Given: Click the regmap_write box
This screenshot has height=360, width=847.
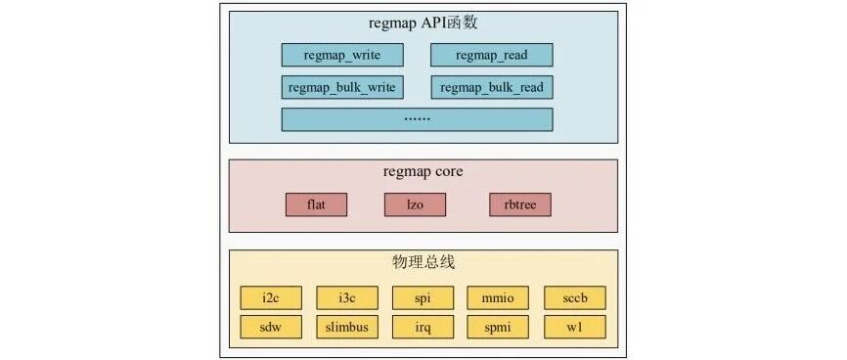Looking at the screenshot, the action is click(342, 55).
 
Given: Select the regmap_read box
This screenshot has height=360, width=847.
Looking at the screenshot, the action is click(492, 55).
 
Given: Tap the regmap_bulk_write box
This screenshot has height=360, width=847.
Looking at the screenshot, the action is click(342, 87).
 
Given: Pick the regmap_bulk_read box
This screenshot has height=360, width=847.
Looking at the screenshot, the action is click(492, 87).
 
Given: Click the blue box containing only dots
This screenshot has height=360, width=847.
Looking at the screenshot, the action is click(417, 119).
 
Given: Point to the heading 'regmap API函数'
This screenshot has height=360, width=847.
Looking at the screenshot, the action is click(423, 24).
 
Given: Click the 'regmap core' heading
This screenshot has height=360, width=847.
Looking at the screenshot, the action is click(423, 172).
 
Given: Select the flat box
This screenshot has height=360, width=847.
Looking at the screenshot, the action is click(316, 204).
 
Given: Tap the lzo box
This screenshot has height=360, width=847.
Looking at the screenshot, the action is click(415, 204).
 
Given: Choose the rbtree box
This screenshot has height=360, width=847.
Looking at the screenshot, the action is click(520, 204).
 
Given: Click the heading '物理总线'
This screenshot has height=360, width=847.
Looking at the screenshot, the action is click(423, 263).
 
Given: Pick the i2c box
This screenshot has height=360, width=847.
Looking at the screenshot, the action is click(271, 297).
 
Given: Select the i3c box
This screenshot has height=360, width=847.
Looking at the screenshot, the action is click(347, 297).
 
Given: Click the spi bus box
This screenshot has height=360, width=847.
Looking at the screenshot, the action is click(423, 297).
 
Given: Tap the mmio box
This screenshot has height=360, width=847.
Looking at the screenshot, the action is click(498, 297).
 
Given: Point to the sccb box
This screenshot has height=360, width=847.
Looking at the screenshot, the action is click(575, 297).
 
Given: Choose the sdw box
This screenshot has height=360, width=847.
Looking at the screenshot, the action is click(271, 327).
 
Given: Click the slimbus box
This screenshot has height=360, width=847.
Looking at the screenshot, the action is click(347, 327).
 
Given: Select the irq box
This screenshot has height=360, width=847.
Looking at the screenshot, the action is click(423, 327).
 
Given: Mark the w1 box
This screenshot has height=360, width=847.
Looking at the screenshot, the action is click(575, 327).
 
